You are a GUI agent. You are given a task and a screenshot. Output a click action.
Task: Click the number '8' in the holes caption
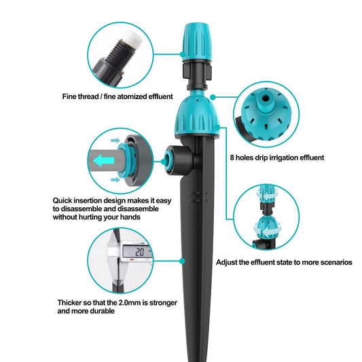click(232, 158)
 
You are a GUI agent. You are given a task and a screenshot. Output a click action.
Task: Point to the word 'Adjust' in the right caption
click(229, 261)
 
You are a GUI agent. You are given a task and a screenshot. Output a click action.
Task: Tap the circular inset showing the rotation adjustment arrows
click(268, 217)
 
